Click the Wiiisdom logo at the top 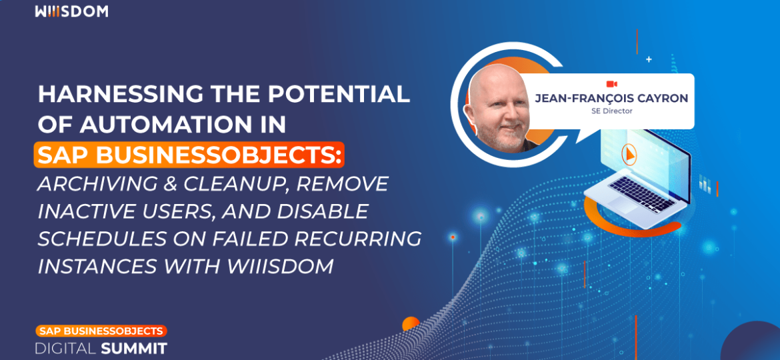click(x=71, y=11)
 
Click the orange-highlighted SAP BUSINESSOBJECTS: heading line click(x=189, y=155)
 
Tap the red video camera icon click(x=611, y=84)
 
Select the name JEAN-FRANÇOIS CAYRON click(x=611, y=99)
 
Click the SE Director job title click(x=611, y=111)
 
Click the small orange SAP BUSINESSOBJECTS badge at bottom click(x=101, y=331)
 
